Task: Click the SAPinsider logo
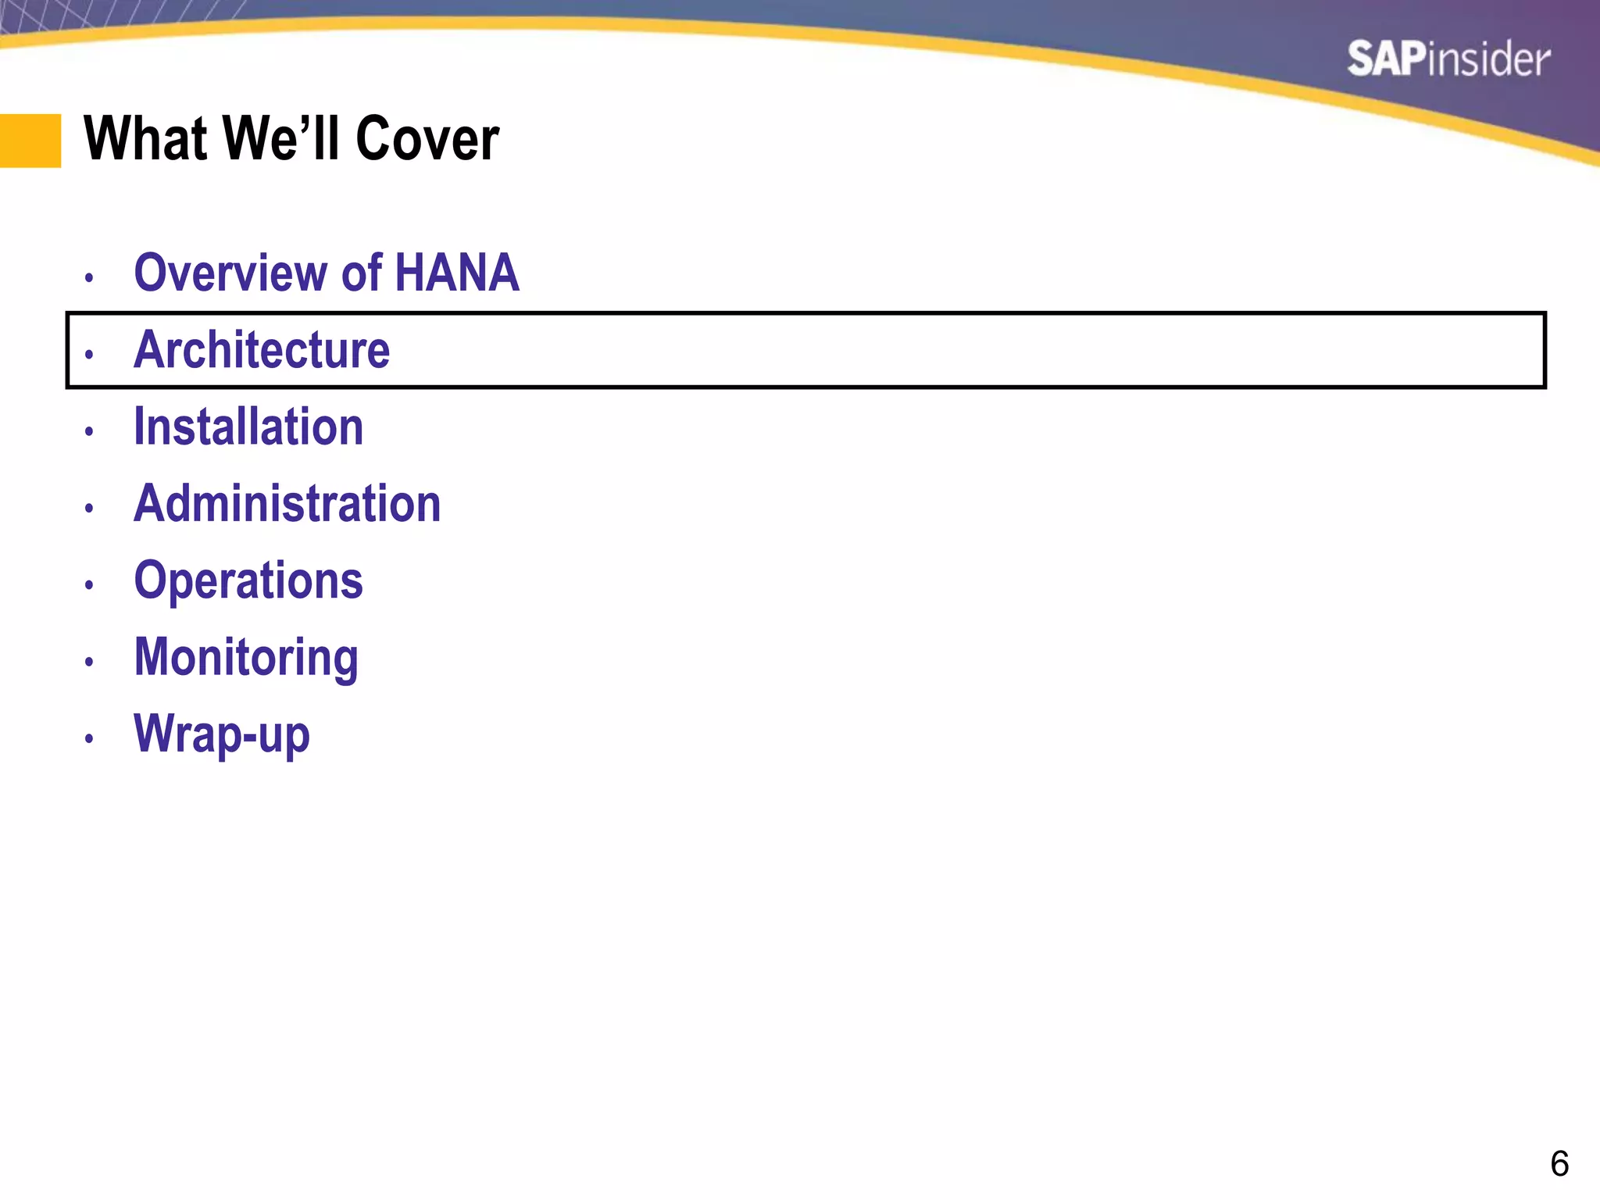point(1448,59)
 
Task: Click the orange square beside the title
point(30,141)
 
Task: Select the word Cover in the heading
point(427,139)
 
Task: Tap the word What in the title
point(145,139)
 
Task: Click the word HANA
point(457,273)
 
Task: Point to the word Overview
point(231,273)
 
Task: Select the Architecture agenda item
point(262,349)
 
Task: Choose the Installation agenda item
point(248,427)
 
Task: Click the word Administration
point(287,503)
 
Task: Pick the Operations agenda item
point(248,580)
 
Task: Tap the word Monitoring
point(246,657)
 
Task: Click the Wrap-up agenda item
point(222,734)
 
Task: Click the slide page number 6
point(1559,1164)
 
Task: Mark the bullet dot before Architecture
point(89,355)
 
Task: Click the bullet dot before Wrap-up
point(89,739)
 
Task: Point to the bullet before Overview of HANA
point(89,277)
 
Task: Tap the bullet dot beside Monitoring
point(89,662)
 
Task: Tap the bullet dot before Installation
point(89,431)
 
